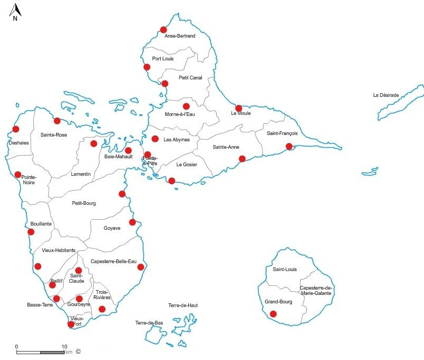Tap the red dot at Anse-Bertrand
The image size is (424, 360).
click(163, 30)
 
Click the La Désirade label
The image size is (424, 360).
click(386, 95)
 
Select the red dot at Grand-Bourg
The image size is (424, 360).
click(273, 314)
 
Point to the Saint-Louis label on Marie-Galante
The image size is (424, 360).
click(285, 269)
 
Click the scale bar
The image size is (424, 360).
click(40, 352)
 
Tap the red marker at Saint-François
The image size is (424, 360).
click(289, 146)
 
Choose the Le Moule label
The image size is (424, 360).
click(241, 113)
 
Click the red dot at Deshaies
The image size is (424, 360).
click(16, 129)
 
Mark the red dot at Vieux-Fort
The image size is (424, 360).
click(70, 324)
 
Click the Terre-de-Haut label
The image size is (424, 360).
click(183, 305)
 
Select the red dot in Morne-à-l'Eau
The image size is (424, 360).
click(186, 106)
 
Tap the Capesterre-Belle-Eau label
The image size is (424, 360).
click(113, 262)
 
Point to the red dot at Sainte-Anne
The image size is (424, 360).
click(242, 159)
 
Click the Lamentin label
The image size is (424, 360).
click(81, 174)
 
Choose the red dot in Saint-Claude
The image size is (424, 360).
click(78, 271)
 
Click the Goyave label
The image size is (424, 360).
click(112, 228)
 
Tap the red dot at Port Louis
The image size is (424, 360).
click(147, 67)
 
